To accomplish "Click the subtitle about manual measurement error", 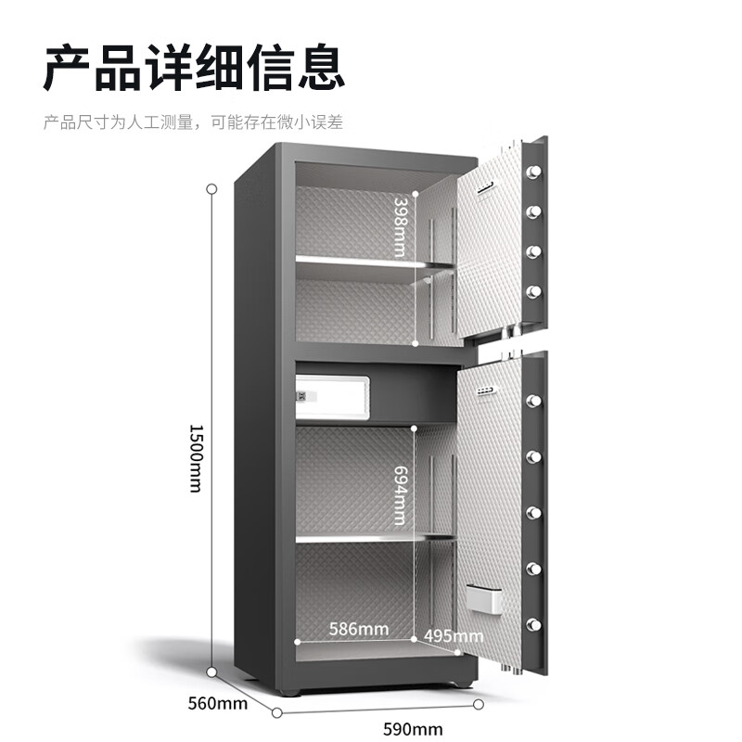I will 193,122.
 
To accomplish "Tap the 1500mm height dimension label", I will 196,458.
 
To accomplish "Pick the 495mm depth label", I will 454,635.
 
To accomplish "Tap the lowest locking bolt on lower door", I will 534,622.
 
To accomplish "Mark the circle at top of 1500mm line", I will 211,188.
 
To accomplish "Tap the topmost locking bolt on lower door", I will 533,401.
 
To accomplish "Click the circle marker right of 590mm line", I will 479,705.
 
